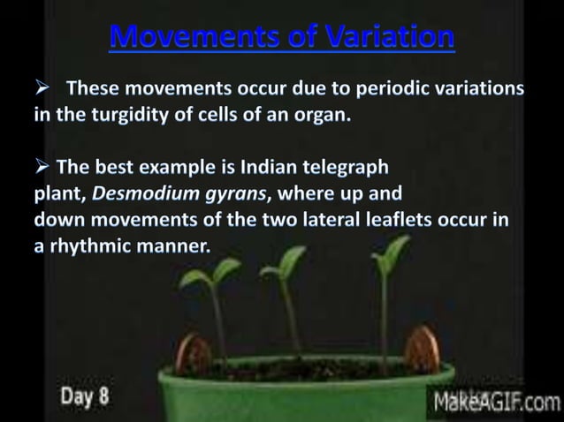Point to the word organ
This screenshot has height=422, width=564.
coord(322,117)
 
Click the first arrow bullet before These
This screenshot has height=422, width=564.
coord(43,89)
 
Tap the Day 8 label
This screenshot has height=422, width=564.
coord(85,396)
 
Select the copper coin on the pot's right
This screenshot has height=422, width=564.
coord(423,348)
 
